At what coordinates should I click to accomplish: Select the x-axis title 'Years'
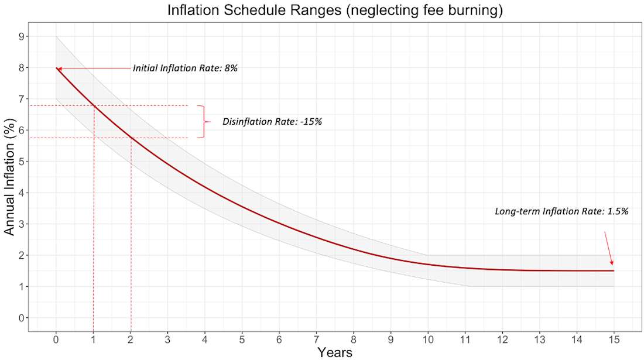pos(335,352)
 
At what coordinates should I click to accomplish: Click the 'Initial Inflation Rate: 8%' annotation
pos(184,68)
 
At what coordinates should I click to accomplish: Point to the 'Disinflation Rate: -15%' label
pos(272,122)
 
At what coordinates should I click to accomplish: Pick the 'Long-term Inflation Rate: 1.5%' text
pos(561,211)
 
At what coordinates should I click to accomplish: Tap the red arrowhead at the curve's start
pos(59,68)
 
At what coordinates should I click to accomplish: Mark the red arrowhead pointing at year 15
pos(612,263)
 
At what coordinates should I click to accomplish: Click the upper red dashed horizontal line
pos(146,105)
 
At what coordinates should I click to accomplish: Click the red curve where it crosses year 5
pos(242,205)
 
